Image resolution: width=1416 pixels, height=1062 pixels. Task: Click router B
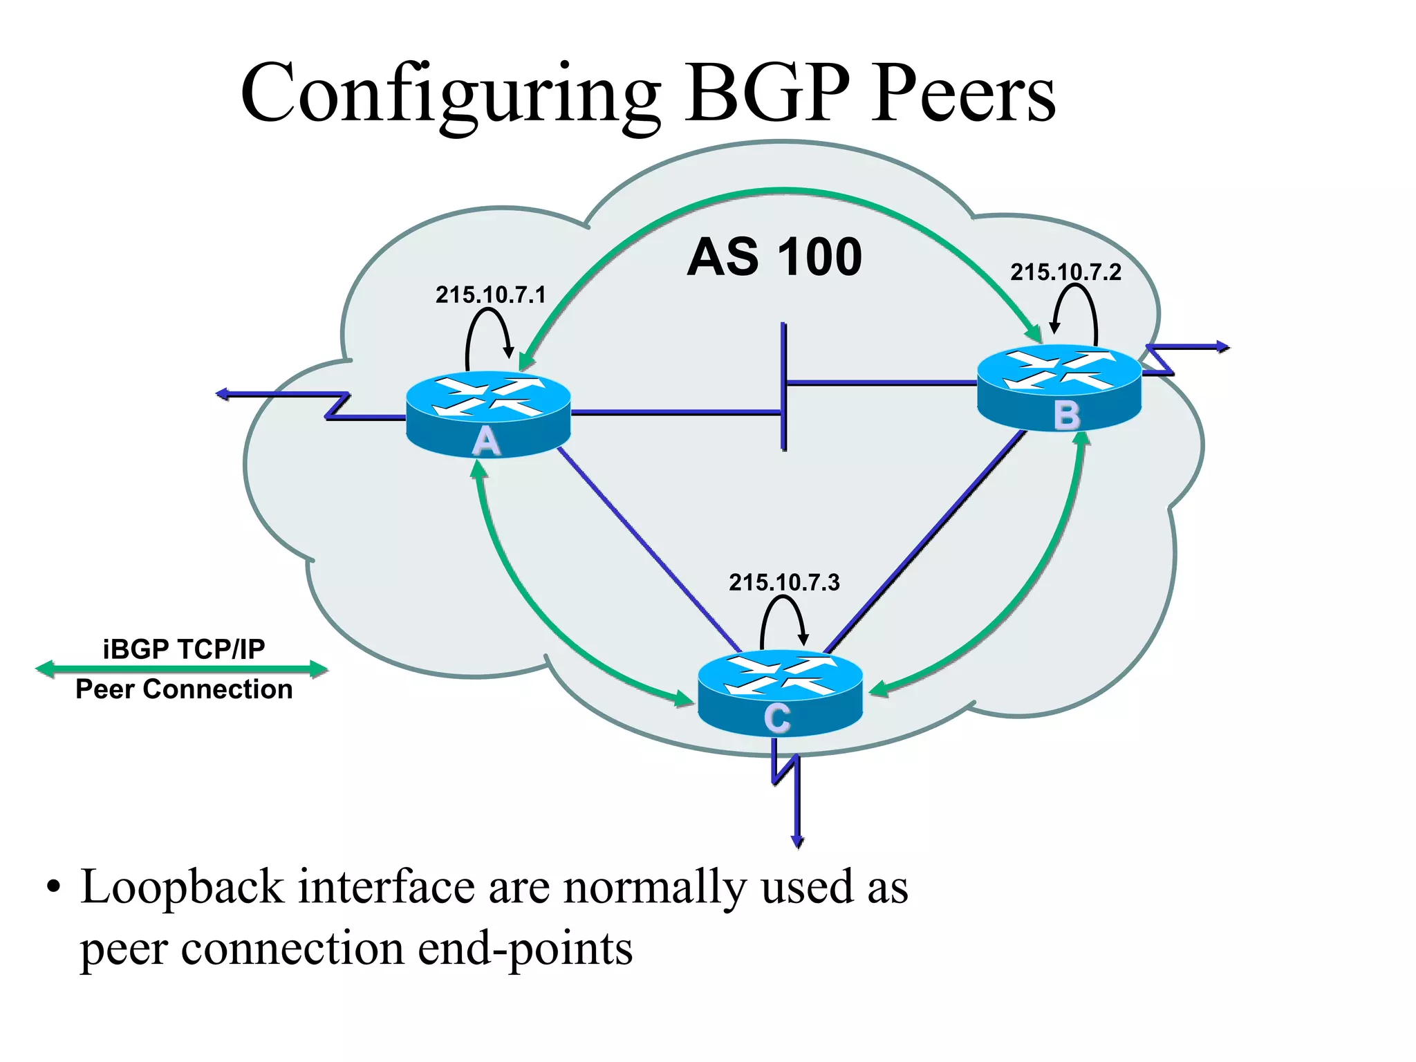(x=1059, y=387)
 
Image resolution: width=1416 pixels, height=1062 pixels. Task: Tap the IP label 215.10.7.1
(x=490, y=295)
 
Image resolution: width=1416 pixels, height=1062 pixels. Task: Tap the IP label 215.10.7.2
(x=1065, y=272)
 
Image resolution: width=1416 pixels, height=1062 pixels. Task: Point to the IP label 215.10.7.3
(x=784, y=583)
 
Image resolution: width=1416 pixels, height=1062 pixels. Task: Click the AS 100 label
(x=774, y=257)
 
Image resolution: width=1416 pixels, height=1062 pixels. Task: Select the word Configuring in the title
(x=451, y=95)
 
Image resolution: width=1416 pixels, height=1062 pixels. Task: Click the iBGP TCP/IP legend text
(x=184, y=649)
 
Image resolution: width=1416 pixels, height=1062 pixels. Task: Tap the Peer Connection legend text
(x=184, y=689)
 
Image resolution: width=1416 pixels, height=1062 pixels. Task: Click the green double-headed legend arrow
(x=181, y=669)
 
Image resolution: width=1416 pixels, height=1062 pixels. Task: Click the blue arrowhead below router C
(x=797, y=841)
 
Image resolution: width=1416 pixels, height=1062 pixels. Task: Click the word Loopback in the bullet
(x=182, y=888)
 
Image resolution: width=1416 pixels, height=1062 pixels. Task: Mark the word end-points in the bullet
(x=525, y=950)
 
